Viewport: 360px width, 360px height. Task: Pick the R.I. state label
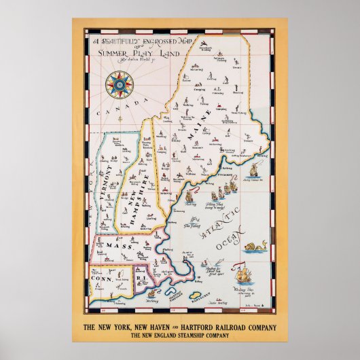pyautogui.click(x=144, y=278)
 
